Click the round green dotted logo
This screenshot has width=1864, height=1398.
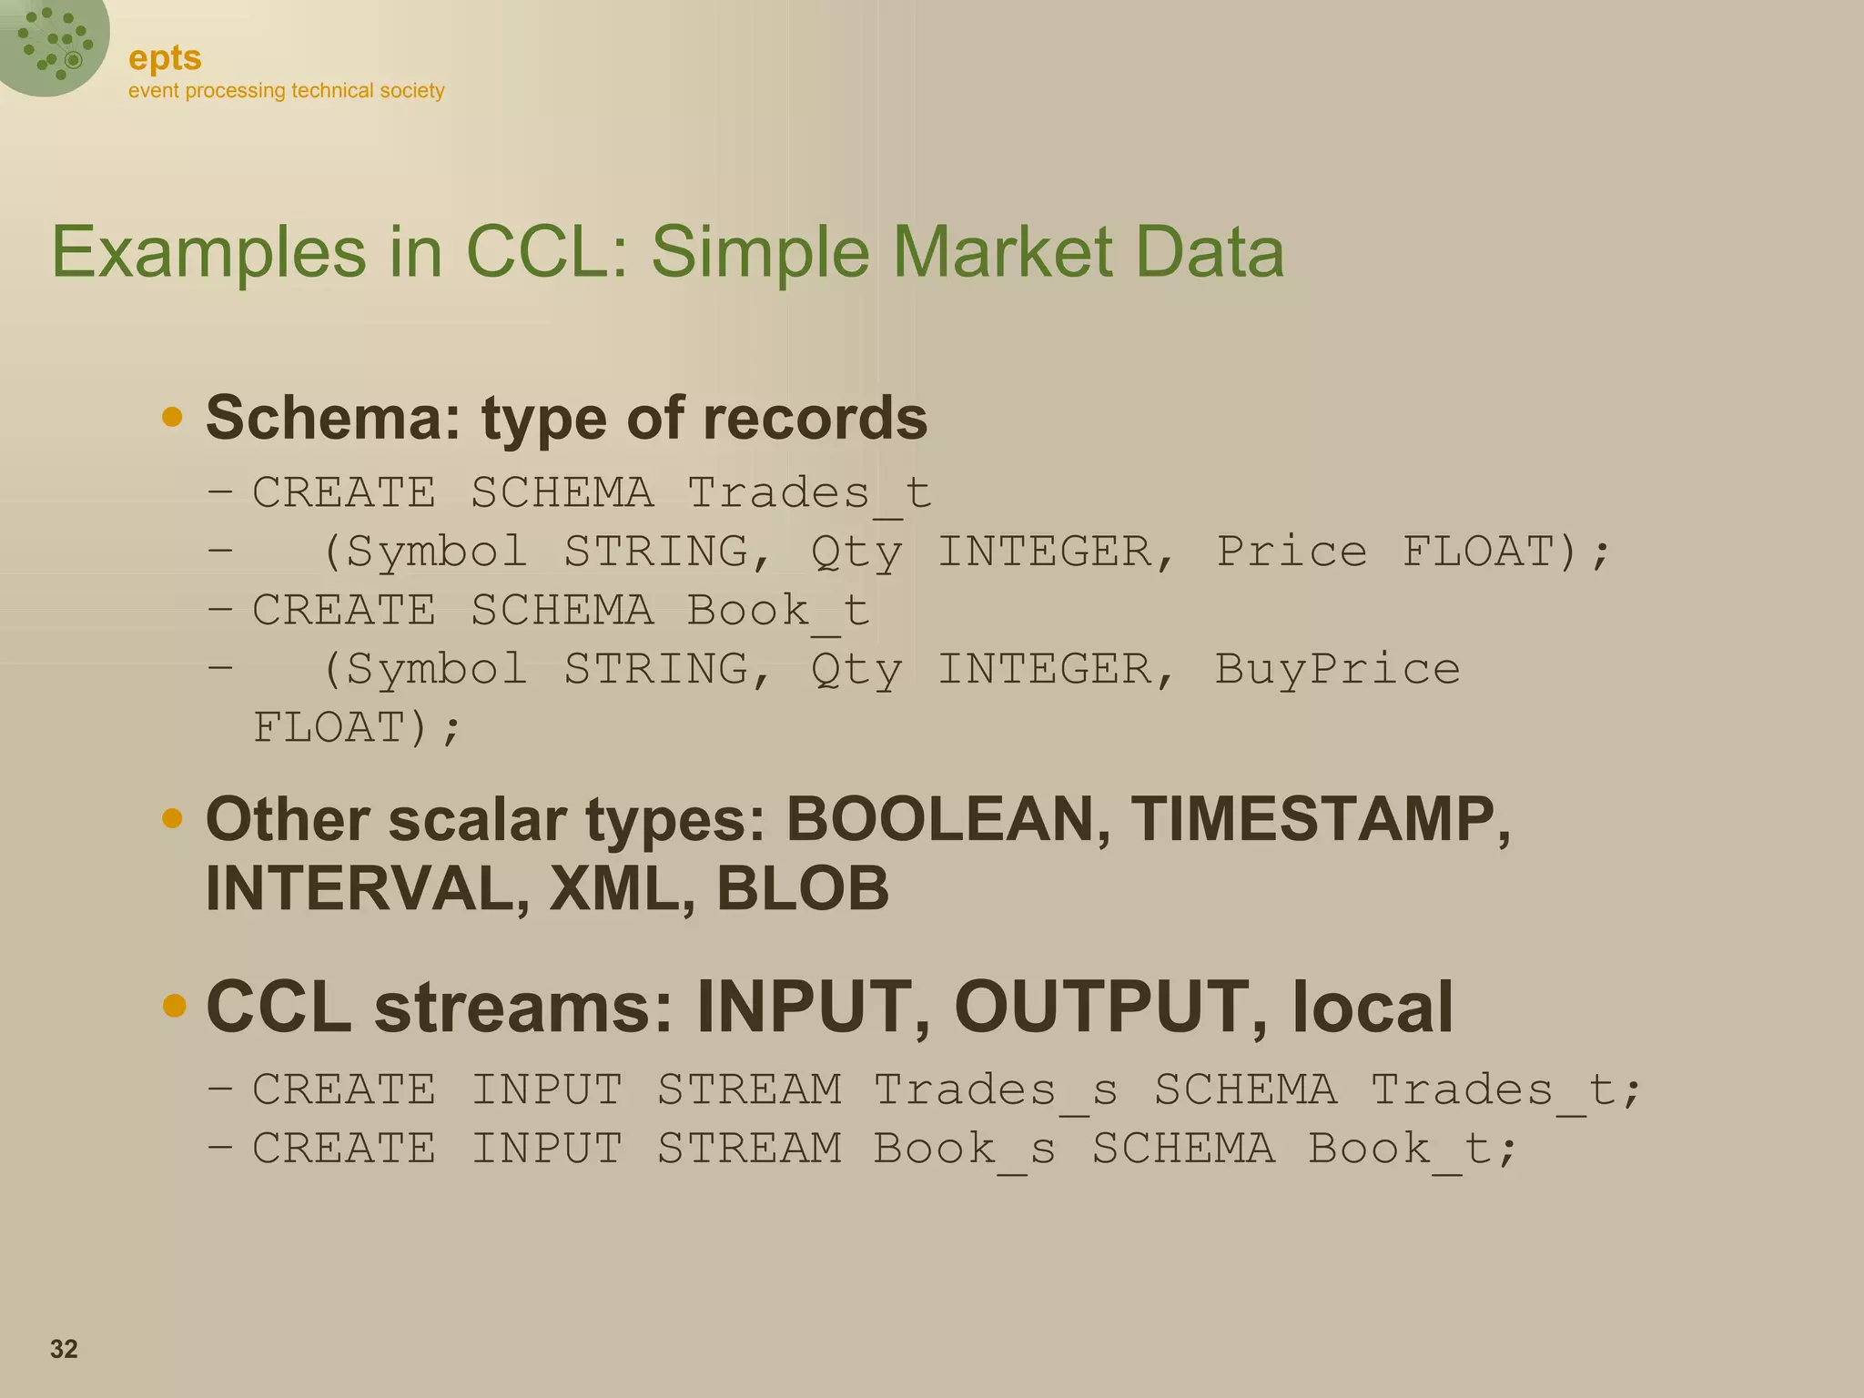tap(53, 44)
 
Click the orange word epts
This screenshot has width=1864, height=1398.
tap(165, 58)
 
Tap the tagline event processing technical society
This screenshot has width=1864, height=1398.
tap(286, 91)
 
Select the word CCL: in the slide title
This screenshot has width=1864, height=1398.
tap(546, 251)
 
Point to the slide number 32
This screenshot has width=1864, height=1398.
tap(64, 1349)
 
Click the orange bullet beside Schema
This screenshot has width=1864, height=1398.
tap(172, 418)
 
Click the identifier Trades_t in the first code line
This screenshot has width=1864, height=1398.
tap(809, 493)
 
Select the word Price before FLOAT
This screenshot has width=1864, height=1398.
tap(1292, 552)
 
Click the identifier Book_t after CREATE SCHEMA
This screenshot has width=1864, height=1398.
tap(778, 611)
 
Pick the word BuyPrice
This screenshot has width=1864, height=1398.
tap(1337, 669)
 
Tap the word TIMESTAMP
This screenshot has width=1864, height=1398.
tap(1321, 819)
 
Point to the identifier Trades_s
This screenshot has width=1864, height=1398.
tap(996, 1090)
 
